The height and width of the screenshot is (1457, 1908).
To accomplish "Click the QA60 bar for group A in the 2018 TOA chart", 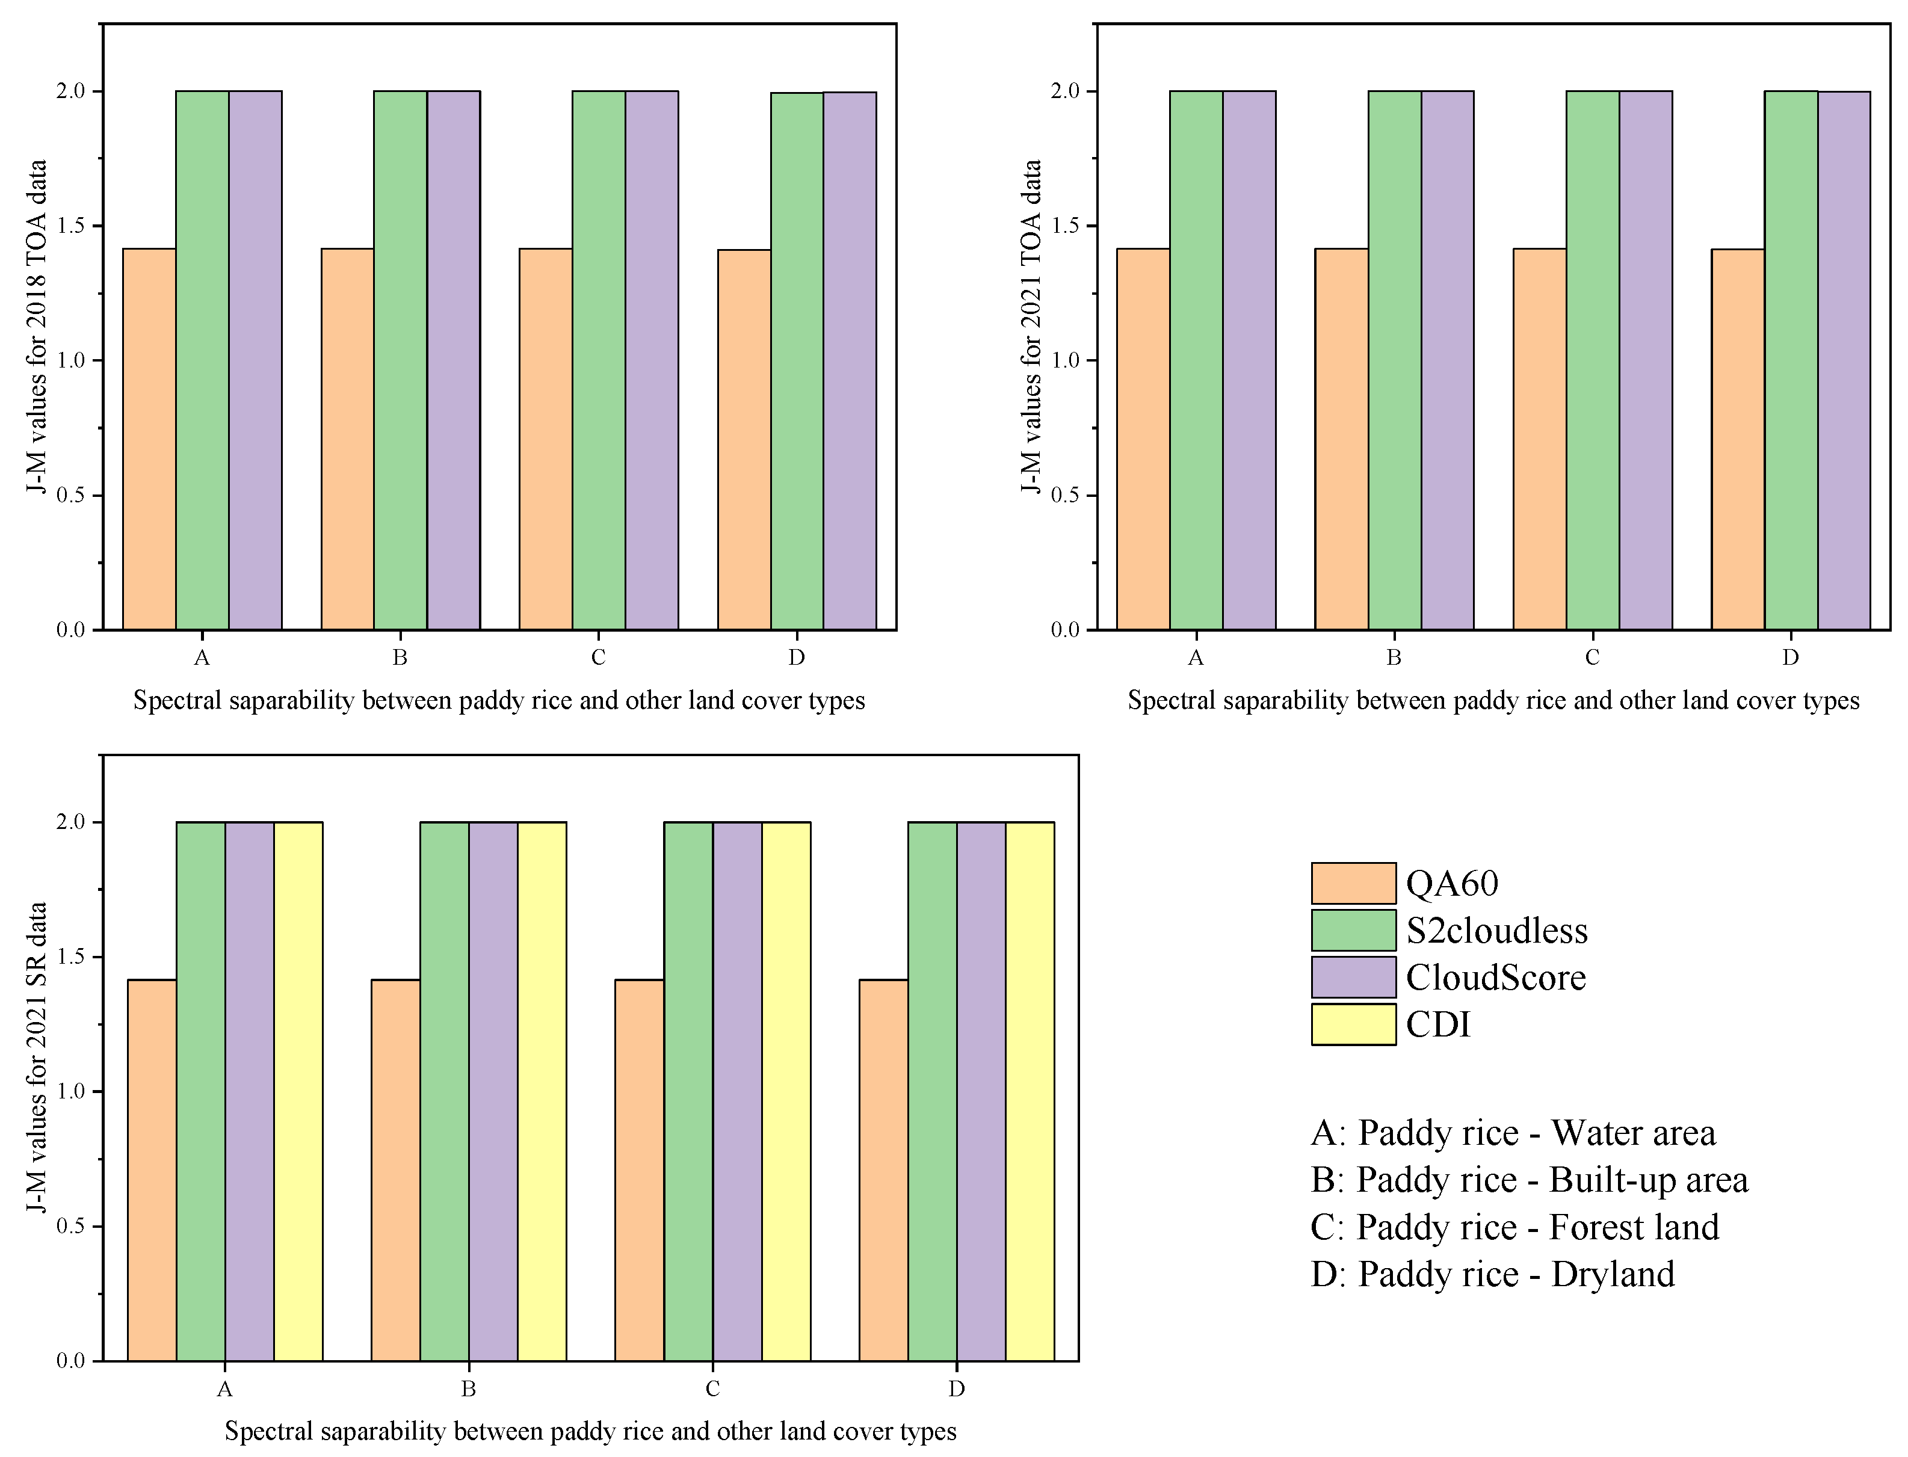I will click(149, 439).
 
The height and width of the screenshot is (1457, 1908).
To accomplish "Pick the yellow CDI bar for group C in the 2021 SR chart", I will click(786, 1091).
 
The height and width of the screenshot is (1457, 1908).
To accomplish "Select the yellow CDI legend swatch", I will click(1353, 1024).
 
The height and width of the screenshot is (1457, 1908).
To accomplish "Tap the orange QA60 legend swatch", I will click(1353, 884).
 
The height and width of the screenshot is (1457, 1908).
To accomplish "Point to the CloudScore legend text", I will click(1495, 978).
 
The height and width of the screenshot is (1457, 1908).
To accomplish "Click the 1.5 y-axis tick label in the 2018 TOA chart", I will click(71, 226).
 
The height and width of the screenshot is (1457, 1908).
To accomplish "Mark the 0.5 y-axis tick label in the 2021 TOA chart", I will click(1065, 495).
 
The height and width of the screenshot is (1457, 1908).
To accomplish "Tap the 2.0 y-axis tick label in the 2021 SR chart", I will click(71, 822).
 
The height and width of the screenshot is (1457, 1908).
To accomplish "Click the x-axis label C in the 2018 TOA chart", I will click(597, 658).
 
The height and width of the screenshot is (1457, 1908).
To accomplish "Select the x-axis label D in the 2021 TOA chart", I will click(1790, 658).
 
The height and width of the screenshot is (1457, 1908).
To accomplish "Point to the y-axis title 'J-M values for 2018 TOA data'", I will click(37, 327).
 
